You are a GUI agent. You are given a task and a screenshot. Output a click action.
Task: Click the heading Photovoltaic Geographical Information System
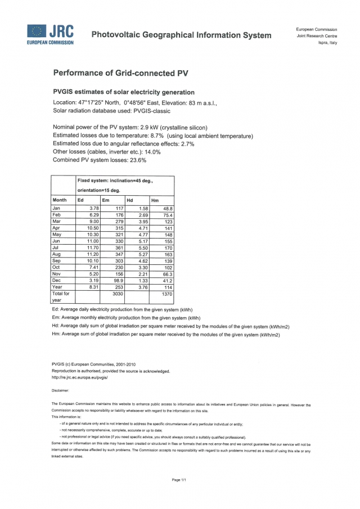(181, 35)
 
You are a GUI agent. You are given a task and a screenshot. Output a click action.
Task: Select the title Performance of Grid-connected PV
(120, 73)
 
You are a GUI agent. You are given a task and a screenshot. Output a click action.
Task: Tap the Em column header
(105, 200)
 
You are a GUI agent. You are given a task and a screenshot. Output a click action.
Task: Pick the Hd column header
(130, 200)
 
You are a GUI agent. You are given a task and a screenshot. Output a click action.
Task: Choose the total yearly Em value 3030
(116, 294)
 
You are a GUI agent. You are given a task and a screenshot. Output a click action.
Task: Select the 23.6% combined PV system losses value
(138, 160)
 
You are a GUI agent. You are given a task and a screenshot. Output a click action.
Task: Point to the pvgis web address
(79, 377)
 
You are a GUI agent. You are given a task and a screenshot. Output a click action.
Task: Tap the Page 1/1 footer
(179, 479)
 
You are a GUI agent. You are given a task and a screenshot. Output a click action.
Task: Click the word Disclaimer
(60, 390)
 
